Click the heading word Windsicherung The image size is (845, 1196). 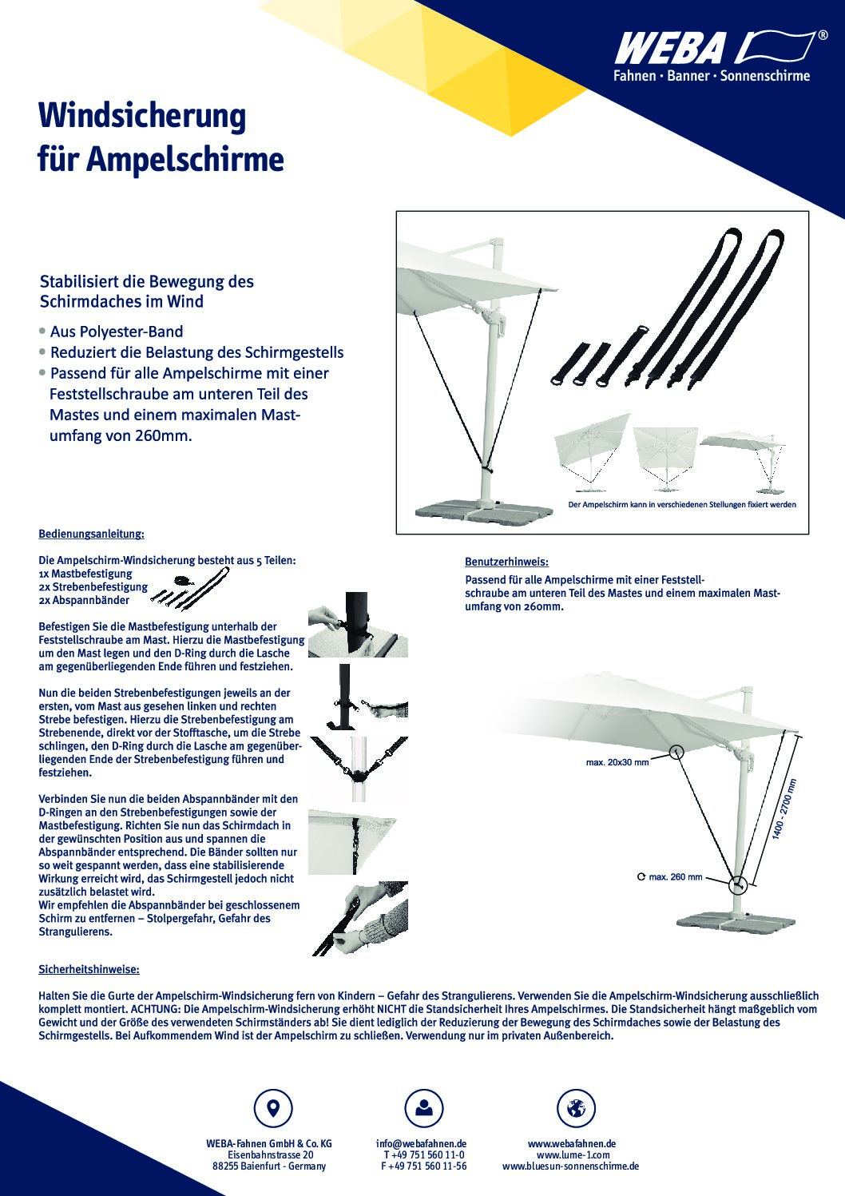(x=142, y=117)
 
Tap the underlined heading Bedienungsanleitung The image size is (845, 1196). (x=91, y=533)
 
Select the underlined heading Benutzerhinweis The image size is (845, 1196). (x=506, y=562)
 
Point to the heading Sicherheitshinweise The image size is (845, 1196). (x=89, y=969)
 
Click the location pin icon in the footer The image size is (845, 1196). (x=272, y=1108)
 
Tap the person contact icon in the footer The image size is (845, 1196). (x=423, y=1108)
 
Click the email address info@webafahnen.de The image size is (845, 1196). (x=422, y=1143)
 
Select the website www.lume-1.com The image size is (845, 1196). (x=573, y=1154)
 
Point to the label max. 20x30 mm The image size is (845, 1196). (x=617, y=762)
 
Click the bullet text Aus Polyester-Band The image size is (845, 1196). (x=116, y=332)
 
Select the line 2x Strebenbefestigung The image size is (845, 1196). (x=93, y=586)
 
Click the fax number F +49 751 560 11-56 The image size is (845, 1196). (x=423, y=1166)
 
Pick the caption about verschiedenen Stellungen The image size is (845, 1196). (x=681, y=505)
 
